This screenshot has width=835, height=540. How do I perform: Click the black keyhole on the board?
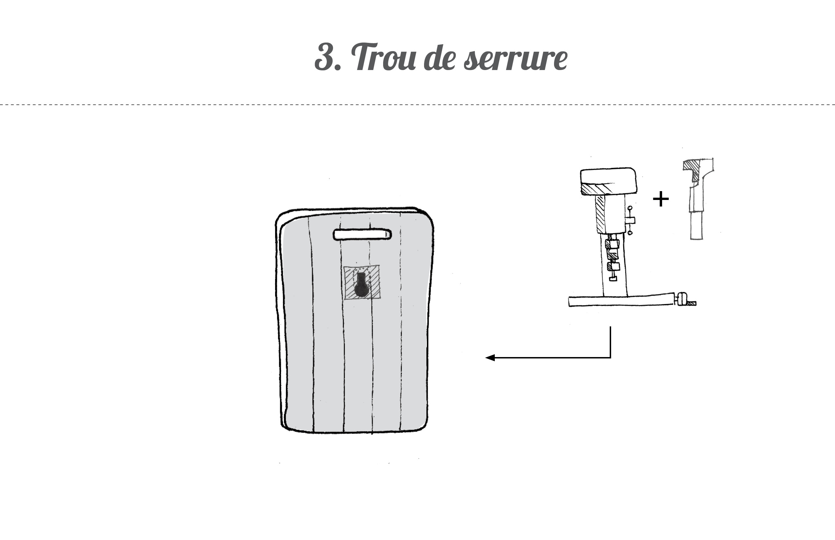(x=362, y=286)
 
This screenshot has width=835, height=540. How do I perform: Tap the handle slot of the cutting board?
(x=362, y=235)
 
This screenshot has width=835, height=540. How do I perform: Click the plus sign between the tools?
(x=661, y=199)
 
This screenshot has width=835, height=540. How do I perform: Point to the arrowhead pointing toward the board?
(x=490, y=358)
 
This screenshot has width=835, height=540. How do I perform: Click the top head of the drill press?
(x=608, y=181)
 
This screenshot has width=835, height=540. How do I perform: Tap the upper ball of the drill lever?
(x=630, y=208)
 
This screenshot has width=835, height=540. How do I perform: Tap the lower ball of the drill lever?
(x=630, y=232)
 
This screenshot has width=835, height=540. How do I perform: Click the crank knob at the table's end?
(x=682, y=299)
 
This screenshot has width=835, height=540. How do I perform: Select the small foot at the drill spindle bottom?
(x=613, y=279)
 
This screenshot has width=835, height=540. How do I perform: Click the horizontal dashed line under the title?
(x=417, y=104)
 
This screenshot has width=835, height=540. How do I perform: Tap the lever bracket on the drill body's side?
(x=629, y=221)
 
